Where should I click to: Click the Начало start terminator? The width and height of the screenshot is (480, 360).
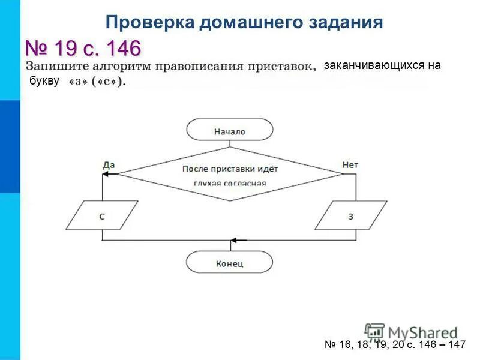click(229, 130)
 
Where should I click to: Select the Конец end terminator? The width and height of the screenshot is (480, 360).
click(229, 262)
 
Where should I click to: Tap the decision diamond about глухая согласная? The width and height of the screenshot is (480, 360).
click(230, 174)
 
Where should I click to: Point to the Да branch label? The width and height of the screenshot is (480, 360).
click(109, 164)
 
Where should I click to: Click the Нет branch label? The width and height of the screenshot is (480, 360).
click(350, 164)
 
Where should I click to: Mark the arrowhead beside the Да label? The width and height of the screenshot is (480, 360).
click(107, 174)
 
